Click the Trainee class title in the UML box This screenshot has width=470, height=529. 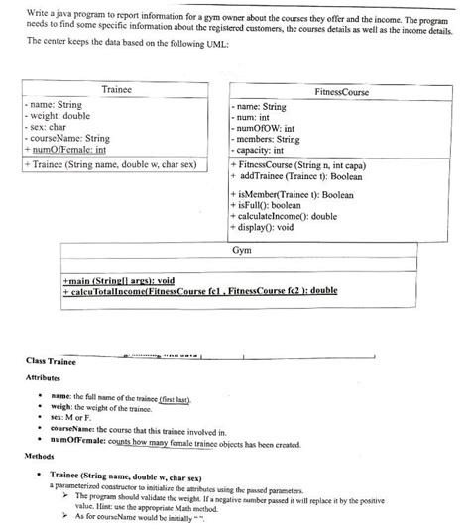tap(117, 89)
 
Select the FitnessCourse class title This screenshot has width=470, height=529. tap(341, 91)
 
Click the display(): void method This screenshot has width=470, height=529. tap(265, 228)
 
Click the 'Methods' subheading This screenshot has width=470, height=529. tap(39, 457)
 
